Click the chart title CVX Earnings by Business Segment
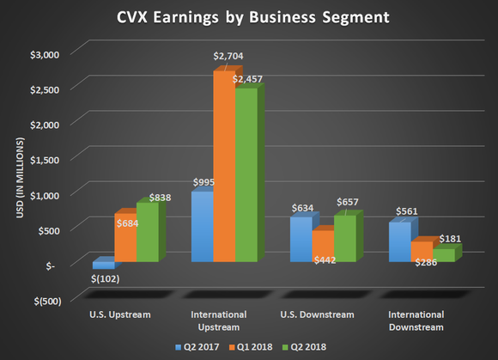[x=249, y=17]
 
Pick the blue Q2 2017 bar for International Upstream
[x=202, y=228]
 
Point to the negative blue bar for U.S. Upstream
[x=103, y=265]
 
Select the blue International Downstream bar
[x=399, y=242]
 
